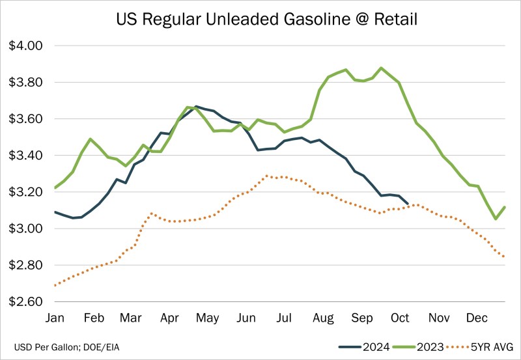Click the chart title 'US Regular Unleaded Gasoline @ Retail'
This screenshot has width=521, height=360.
pyautogui.click(x=260, y=20)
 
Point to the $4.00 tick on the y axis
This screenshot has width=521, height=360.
pyautogui.click(x=25, y=46)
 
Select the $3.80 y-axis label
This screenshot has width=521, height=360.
pyautogui.click(x=25, y=83)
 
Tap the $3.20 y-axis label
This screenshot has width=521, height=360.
pyautogui.click(x=25, y=192)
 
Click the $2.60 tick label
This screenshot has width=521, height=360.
pyautogui.click(x=25, y=302)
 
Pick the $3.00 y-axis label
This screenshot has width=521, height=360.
pyautogui.click(x=25, y=228)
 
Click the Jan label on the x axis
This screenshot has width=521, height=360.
pyautogui.click(x=55, y=318)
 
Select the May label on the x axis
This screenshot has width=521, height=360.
pyautogui.click(x=207, y=318)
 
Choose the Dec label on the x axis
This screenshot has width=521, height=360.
pyautogui.click(x=477, y=318)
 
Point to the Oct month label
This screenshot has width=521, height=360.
pyautogui.click(x=400, y=318)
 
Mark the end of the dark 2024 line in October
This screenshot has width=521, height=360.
pyautogui.click(x=408, y=204)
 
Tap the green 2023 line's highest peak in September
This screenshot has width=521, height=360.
pyautogui.click(x=382, y=68)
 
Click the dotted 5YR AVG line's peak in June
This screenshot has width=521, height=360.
pyautogui.click(x=267, y=176)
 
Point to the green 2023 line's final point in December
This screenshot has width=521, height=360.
pyautogui.click(x=505, y=207)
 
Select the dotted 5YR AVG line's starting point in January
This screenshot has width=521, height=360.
pyautogui.click(x=55, y=285)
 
